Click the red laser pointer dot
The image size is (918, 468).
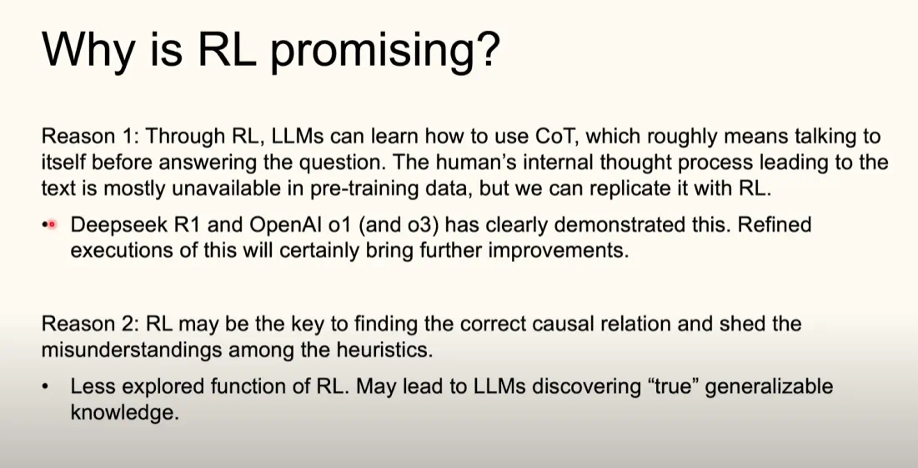click(51, 224)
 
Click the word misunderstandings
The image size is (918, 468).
click(128, 350)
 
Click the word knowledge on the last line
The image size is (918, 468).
click(124, 412)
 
